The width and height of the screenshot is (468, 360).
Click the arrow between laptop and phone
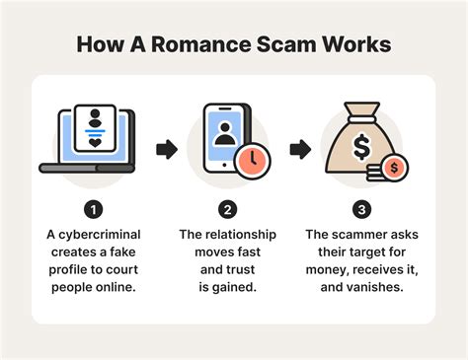pos(166,150)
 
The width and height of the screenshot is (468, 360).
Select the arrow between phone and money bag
pos(296,150)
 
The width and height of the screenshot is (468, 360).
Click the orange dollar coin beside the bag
pos(396,168)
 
